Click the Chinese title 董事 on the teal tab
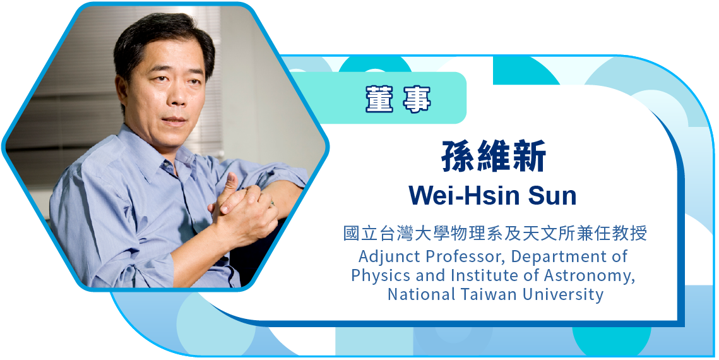[398, 98]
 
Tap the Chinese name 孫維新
[494, 157]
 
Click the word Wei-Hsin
[462, 195]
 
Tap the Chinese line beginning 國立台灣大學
[495, 234]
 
